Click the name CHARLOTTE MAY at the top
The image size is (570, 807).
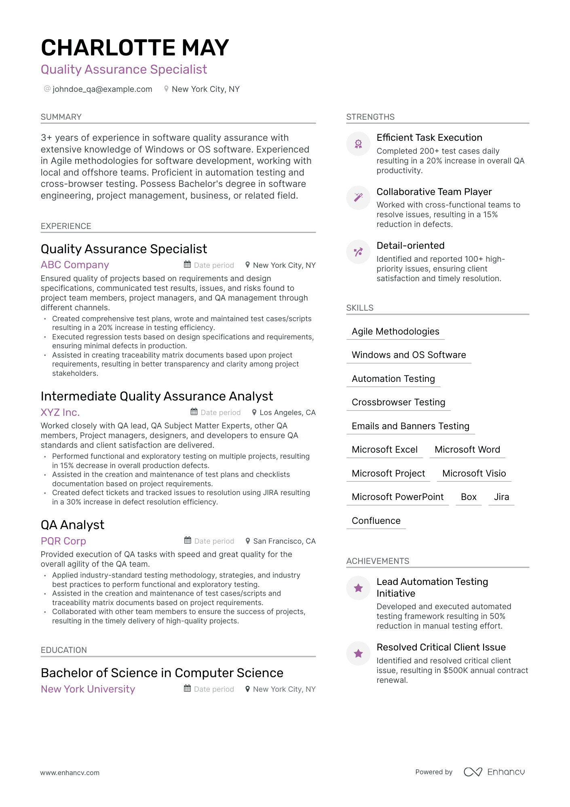(x=135, y=48)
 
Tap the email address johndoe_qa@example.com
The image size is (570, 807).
(x=102, y=89)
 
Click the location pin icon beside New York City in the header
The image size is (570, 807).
(x=166, y=89)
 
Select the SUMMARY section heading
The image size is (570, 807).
(x=61, y=117)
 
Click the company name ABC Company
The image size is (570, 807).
(x=75, y=265)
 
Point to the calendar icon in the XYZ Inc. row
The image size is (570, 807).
(x=194, y=412)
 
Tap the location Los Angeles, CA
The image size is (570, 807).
(x=287, y=413)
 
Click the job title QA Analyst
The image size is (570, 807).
(x=72, y=525)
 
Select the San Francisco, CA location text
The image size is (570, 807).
(x=284, y=541)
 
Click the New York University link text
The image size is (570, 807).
(x=88, y=689)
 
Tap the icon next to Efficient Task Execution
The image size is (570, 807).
(x=358, y=144)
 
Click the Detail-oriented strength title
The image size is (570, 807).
(x=410, y=246)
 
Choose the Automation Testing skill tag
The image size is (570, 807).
(x=393, y=379)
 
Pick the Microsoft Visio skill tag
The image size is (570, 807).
(x=474, y=473)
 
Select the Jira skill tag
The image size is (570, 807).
(x=501, y=497)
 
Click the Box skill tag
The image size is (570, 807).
(x=469, y=497)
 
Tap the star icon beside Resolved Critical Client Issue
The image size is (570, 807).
(x=358, y=653)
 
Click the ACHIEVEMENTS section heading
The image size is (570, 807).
(x=378, y=561)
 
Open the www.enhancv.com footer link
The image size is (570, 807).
(x=70, y=773)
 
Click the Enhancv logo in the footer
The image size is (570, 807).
(x=494, y=772)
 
